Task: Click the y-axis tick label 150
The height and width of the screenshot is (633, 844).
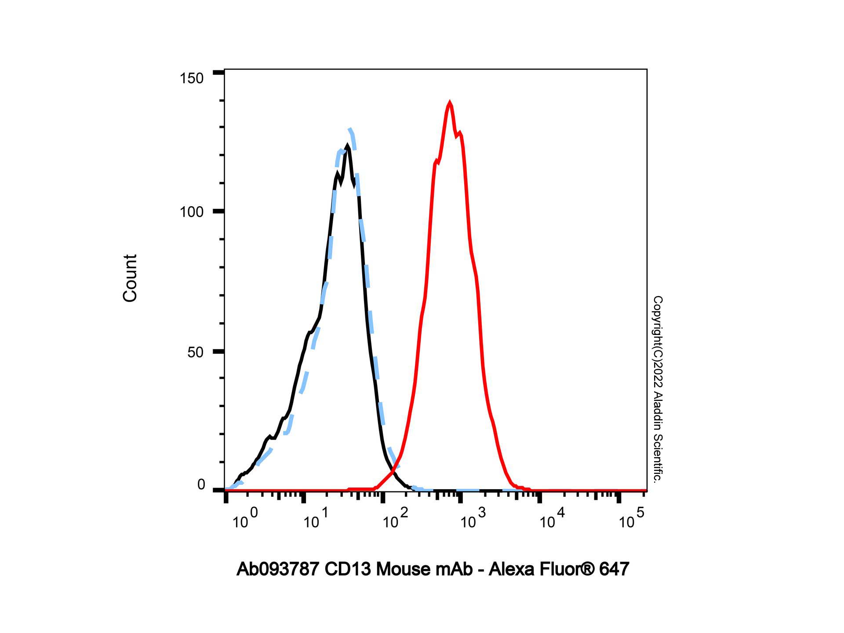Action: [x=192, y=78]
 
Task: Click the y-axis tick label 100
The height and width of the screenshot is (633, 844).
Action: [x=192, y=212]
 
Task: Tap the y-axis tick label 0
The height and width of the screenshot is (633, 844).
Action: [x=201, y=485]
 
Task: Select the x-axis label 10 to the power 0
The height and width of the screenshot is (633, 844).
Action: [x=245, y=519]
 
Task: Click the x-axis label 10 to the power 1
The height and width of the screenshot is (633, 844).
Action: [x=315, y=519]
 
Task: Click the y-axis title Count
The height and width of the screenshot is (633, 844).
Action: [x=130, y=278]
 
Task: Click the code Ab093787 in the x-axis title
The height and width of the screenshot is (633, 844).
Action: [x=278, y=569]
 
